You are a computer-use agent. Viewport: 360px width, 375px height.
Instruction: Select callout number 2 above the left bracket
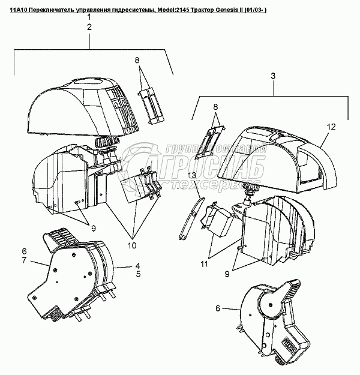pyautogui.click(x=89, y=28)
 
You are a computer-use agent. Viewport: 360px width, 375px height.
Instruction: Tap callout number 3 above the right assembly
pyautogui.click(x=273, y=76)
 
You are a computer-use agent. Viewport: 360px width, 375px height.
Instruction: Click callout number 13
pyautogui.click(x=191, y=175)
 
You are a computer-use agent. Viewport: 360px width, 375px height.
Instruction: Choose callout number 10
pyautogui.click(x=132, y=245)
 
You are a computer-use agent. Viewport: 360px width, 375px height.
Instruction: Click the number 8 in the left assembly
pyautogui.click(x=137, y=60)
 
